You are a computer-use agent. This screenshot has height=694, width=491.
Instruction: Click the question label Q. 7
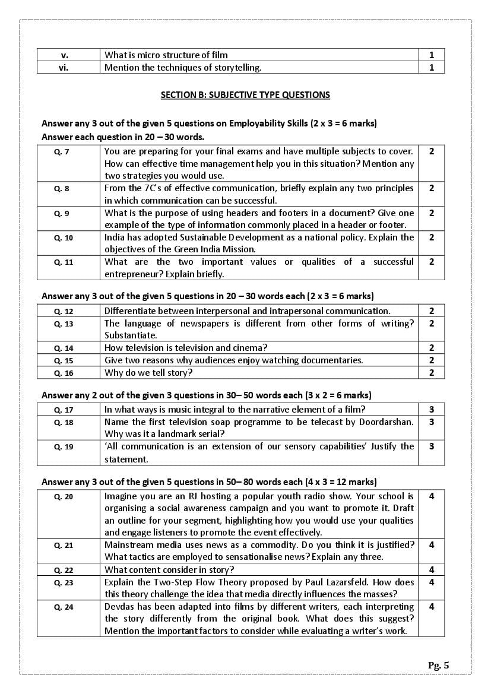62,152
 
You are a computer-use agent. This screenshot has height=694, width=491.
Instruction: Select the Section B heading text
245,95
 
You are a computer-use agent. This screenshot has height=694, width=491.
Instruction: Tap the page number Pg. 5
438,665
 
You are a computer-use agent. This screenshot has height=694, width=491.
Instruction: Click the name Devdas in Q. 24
120,607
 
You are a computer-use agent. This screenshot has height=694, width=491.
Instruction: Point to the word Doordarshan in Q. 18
386,422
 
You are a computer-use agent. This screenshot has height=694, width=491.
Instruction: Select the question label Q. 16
64,373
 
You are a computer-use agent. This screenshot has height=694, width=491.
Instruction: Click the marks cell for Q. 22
432,570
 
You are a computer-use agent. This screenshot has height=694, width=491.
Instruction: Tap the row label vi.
64,68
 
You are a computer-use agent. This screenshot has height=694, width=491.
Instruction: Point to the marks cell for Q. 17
432,409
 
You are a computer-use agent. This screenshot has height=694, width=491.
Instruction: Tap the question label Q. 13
64,324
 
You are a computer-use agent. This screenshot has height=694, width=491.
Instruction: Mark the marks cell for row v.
432,55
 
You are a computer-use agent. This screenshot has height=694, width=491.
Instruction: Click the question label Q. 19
64,447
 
